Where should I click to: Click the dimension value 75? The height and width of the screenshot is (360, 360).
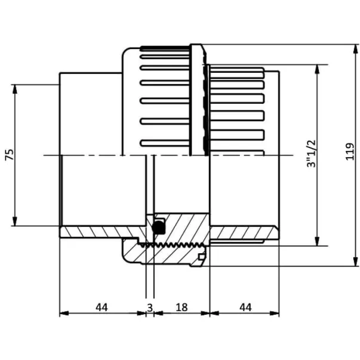10,155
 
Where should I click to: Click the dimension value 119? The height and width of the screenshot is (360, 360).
350,152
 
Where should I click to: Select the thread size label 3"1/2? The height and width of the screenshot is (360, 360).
311,153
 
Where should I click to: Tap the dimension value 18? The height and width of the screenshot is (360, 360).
181,307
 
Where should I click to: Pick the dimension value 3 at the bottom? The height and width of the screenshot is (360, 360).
150,307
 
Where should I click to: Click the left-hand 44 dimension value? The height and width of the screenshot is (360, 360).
101,307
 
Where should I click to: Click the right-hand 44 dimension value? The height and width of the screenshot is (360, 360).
245,307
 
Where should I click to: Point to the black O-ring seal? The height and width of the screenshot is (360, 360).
159,227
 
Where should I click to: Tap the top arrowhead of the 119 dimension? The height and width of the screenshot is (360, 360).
356,50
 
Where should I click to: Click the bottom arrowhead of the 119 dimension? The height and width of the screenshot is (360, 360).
356,261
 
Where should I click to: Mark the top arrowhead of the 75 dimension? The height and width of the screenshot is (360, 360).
15,90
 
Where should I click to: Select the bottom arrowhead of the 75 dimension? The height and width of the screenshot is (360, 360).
15,221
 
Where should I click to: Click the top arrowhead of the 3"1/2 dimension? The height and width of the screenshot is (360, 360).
317,70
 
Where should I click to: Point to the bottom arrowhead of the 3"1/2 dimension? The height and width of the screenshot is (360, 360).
317,241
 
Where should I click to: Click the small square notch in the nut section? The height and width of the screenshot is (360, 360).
202,257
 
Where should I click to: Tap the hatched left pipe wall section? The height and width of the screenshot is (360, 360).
101,232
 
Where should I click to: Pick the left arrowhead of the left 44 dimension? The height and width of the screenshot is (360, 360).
64,313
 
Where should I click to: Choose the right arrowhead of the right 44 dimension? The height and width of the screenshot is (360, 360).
275,313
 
